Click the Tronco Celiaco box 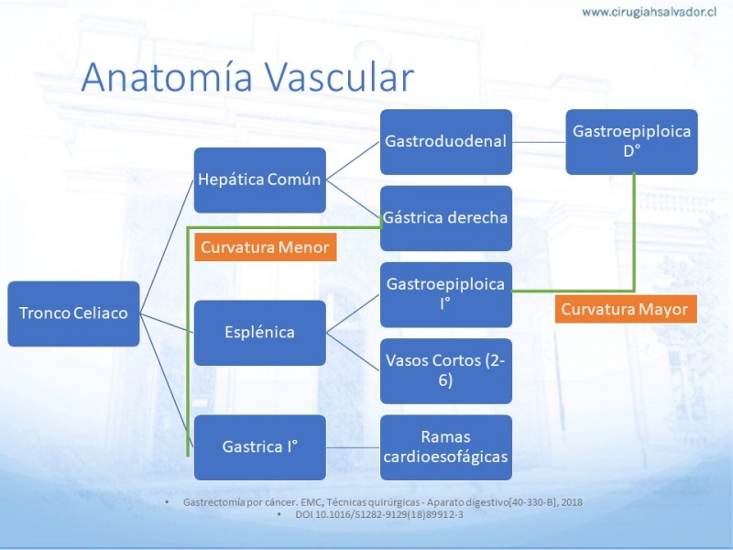tap(73, 313)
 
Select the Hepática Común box tap(260, 180)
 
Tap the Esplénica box tap(260, 333)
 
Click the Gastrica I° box tap(260, 447)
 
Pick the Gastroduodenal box tap(446, 142)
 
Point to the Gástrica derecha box tap(446, 218)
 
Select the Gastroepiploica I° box tap(446, 294)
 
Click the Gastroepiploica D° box tap(631, 142)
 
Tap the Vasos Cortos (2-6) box tap(446, 371)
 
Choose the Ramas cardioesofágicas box tap(446, 447)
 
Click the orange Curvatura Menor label tap(266, 247)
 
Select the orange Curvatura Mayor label tap(626, 309)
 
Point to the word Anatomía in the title tap(167, 76)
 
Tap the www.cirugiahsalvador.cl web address tap(650, 12)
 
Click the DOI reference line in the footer tap(379, 514)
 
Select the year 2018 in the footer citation tap(572, 502)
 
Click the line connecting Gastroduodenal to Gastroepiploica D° tap(539, 142)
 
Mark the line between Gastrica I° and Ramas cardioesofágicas tap(353, 447)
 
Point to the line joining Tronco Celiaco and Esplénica tap(167, 324)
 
